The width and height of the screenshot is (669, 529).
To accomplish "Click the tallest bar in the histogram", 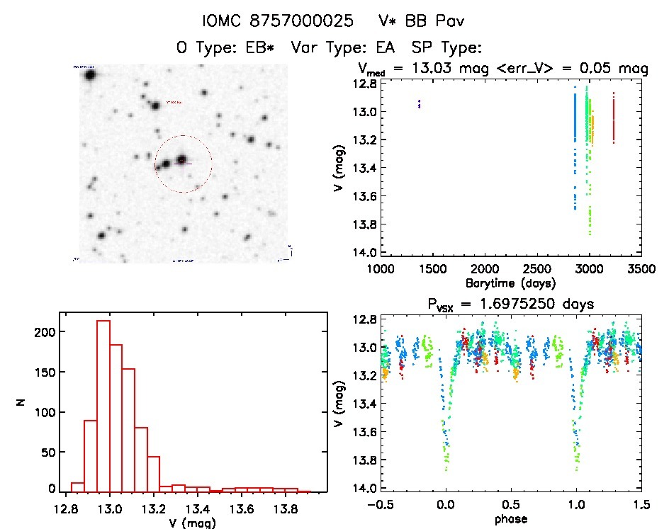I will pyautogui.click(x=103, y=405).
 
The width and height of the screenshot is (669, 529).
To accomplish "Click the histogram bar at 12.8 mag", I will pyautogui.click(x=77, y=487).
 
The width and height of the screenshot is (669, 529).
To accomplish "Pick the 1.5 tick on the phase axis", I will pyautogui.click(x=641, y=506).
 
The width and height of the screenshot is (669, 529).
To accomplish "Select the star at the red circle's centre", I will pyautogui.click(x=182, y=160).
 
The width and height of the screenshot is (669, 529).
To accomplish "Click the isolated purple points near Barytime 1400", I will pyautogui.click(x=420, y=104).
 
